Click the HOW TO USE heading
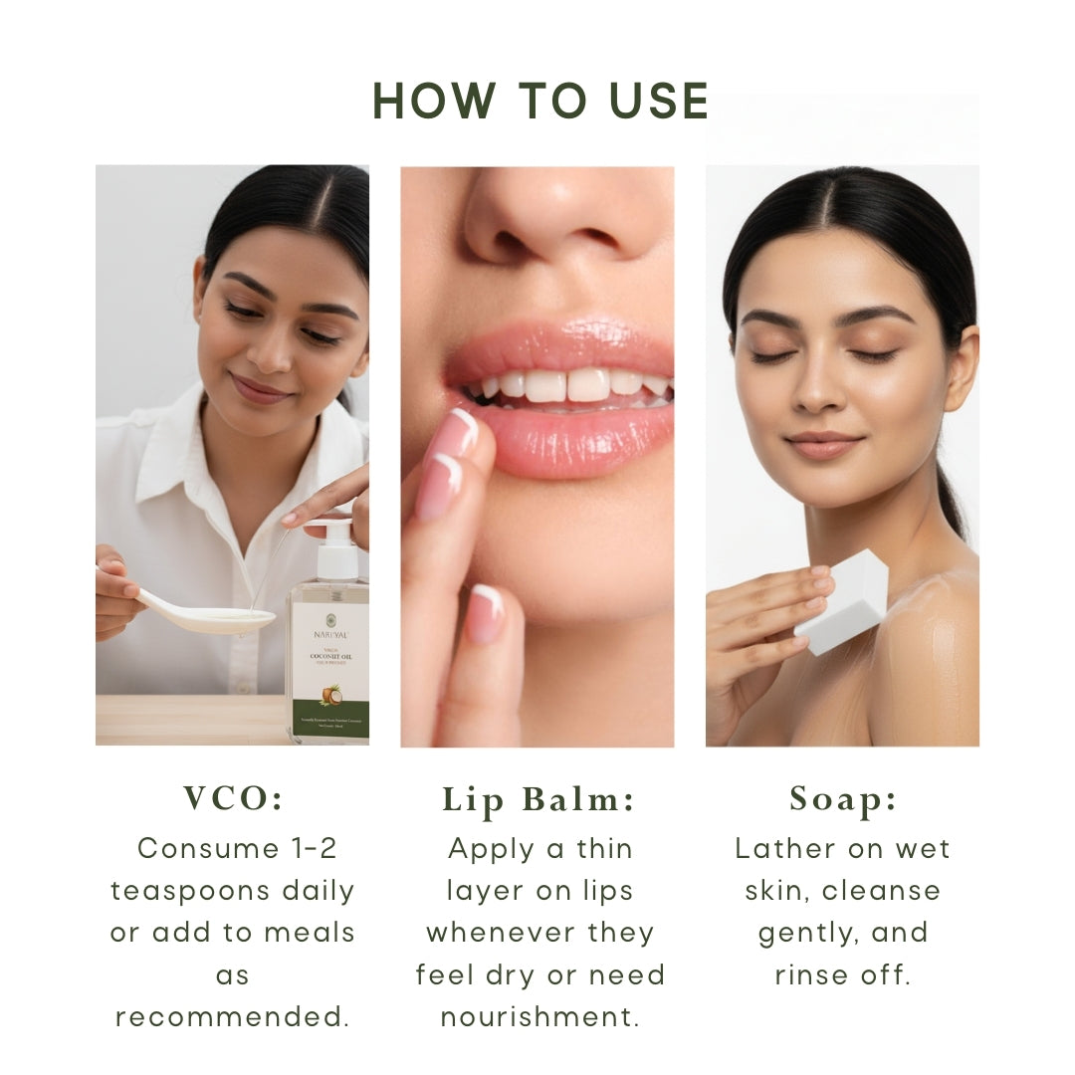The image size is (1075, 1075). click(540, 102)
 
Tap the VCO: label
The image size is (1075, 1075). click(232, 798)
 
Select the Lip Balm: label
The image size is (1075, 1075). click(538, 800)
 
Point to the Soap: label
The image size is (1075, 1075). click(843, 798)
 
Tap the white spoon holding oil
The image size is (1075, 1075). click(209, 618)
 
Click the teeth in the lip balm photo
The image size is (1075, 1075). click(567, 384)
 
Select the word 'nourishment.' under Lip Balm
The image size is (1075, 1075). click(538, 1017)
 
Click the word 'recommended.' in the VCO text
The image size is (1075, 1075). click(232, 1017)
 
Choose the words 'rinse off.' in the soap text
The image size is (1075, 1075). click(843, 975)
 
